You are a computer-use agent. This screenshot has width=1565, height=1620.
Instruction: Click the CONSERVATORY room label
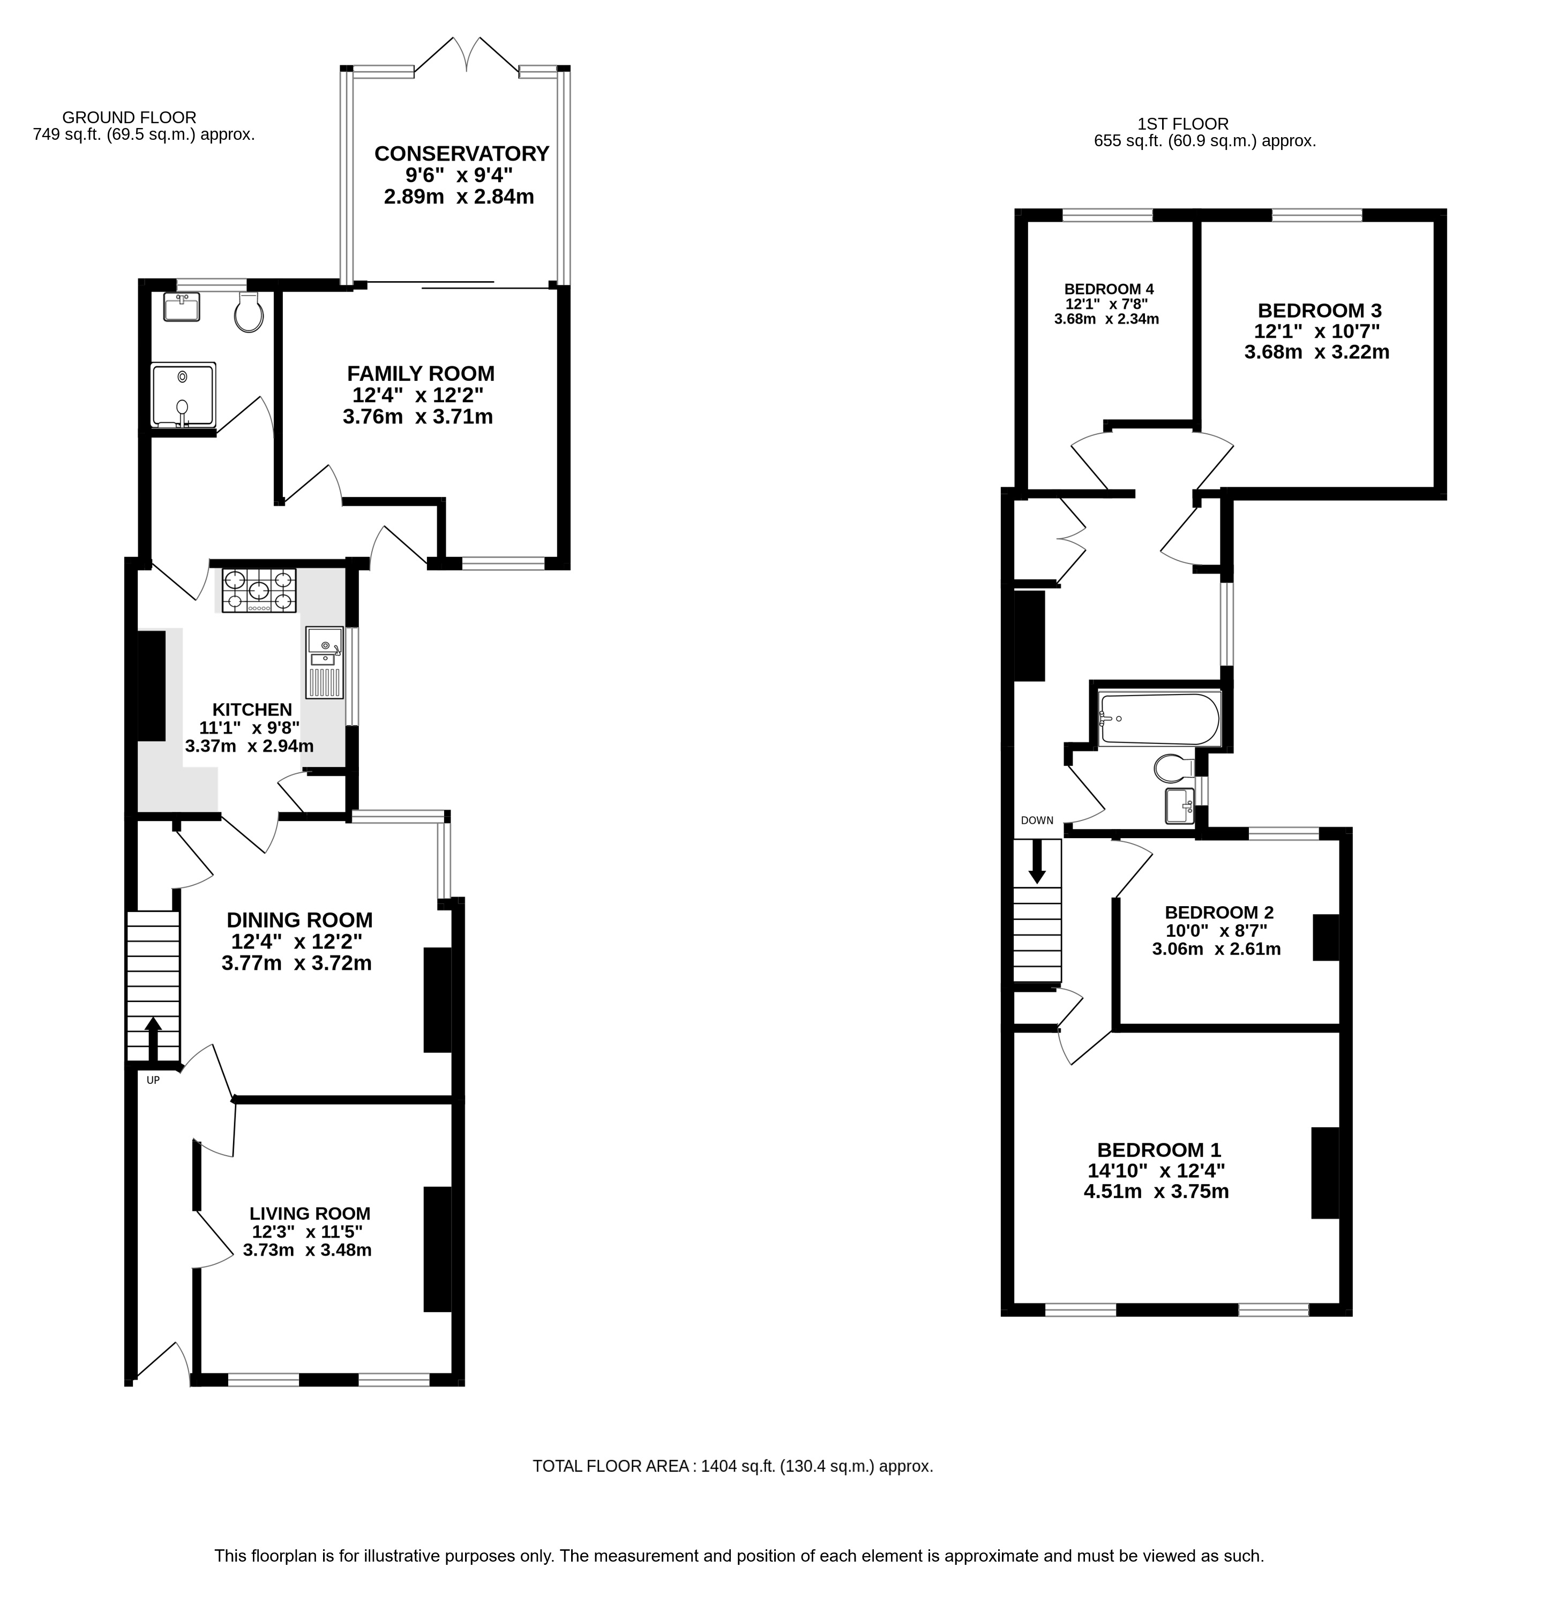coord(461,154)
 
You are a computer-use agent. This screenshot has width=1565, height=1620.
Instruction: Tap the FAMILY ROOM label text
coord(421,374)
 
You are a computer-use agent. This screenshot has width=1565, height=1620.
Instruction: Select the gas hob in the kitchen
coord(259,591)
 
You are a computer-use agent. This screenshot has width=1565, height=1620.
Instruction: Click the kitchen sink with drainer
coord(325,662)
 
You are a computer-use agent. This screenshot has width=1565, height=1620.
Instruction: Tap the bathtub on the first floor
coord(1159,719)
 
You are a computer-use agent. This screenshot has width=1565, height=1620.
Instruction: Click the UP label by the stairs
coord(153,1080)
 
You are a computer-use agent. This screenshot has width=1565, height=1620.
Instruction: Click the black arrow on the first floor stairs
coord(1037,861)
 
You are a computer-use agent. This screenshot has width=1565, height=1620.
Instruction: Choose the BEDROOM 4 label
coord(1109,289)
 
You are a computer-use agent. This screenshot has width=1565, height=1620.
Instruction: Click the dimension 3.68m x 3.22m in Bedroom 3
coord(1316,352)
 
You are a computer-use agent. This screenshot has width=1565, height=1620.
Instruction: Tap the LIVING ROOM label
coord(310,1214)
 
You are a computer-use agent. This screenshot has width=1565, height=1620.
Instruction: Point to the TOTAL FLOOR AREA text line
coord(732,1466)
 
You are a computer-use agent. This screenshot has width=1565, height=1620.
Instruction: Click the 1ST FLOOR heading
coord(1183,124)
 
